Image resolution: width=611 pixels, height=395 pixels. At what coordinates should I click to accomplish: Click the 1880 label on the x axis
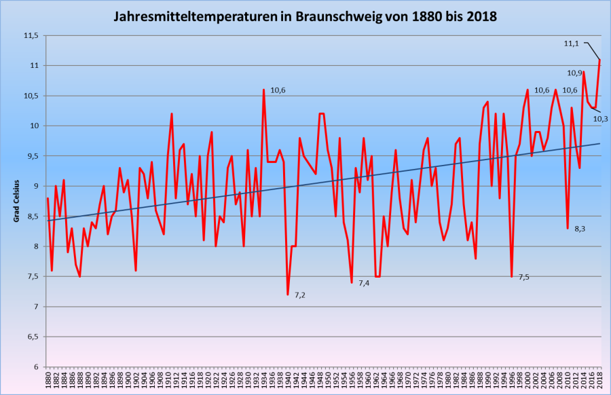pos(48,381)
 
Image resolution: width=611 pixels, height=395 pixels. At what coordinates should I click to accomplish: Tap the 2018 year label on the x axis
pos(600,381)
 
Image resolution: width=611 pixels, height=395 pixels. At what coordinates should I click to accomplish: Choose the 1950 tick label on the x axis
pos(328,381)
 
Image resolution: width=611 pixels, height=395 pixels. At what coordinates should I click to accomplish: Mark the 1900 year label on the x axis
pos(128,381)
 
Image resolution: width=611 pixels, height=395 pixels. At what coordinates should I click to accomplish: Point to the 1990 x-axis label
pos(488,381)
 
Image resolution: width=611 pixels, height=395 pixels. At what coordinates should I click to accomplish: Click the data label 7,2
pos(299,295)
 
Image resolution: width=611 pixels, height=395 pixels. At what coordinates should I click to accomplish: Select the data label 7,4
pos(364,283)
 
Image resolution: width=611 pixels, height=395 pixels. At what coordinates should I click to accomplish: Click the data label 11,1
pos(571,43)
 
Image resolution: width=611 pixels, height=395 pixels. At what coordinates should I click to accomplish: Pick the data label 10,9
pos(574,73)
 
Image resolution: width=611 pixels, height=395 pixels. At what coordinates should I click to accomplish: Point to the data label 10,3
pos(600,119)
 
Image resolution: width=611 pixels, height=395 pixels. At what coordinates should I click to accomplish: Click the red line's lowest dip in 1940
pos(288,295)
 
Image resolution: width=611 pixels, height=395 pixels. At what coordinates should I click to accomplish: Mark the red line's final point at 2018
pos(600,60)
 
